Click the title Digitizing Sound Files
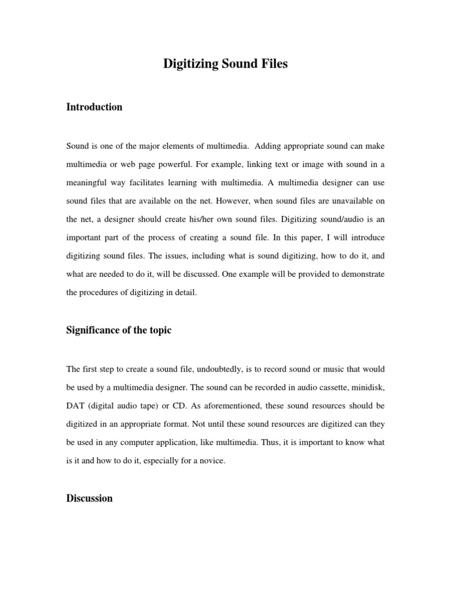click(x=225, y=64)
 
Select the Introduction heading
click(x=94, y=107)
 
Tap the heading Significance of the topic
click(x=119, y=330)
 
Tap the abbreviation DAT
click(x=76, y=406)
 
